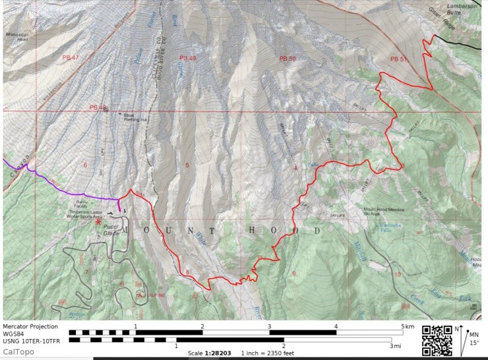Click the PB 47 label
coord(71,58)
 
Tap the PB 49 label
coord(188,58)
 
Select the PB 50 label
coord(288,59)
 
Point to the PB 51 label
coord(399,59)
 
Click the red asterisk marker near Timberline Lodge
coord(98,223)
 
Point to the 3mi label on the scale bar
coord(394,345)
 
